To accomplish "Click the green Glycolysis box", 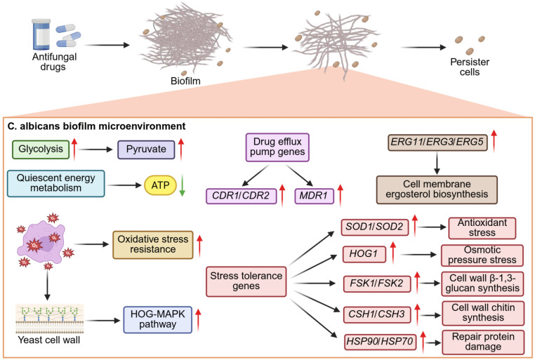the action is [41, 149].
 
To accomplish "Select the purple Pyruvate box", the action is [146, 149].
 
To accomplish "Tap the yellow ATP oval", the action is [160, 185].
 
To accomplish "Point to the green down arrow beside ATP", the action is [183, 185].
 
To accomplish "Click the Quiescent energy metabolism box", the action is [56, 183].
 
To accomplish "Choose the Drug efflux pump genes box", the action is [277, 147].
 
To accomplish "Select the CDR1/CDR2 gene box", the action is [241, 196].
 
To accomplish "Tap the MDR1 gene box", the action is [314, 196].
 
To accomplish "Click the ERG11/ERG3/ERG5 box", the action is [437, 142].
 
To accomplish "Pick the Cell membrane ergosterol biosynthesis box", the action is [437, 189].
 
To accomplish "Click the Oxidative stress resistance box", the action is [153, 244].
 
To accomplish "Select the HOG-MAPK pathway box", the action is [158, 319].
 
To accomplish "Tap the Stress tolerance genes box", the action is [246, 281].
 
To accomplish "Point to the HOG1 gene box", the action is [364, 254].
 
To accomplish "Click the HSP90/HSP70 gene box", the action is [380, 342].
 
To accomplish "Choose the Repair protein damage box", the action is [483, 342].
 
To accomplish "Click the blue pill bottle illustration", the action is [41, 34].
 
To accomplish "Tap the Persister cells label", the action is [470, 67].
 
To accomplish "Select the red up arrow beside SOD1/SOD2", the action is [415, 226].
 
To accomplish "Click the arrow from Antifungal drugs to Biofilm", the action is [107, 45].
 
